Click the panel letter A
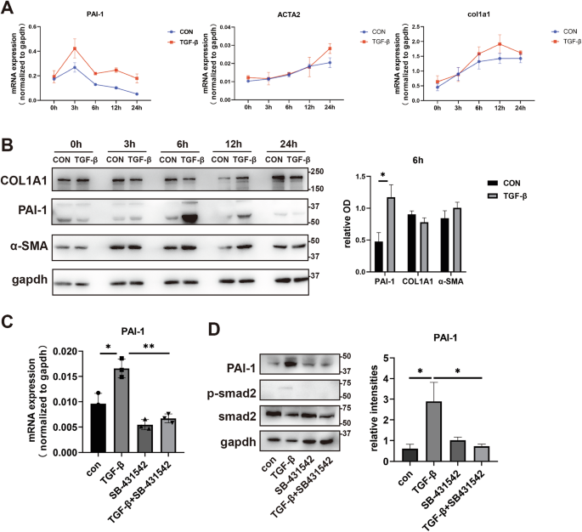(9, 10)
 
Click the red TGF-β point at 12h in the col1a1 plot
(500, 44)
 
